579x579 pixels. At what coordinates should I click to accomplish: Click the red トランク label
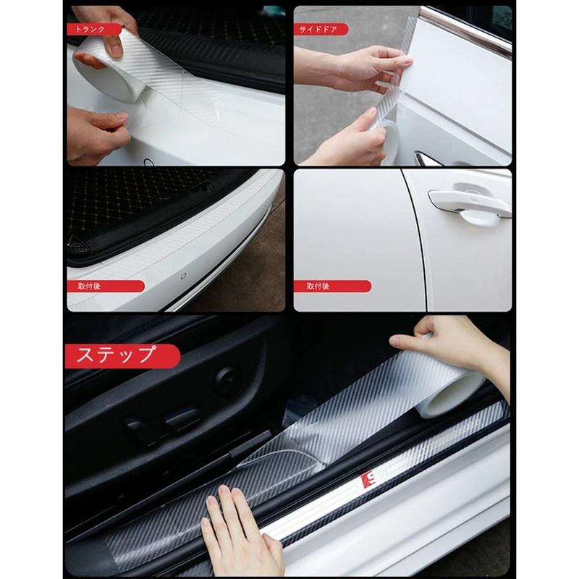(94, 29)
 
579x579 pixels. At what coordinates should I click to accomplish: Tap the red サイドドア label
(321, 29)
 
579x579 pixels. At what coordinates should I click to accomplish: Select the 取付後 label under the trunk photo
(106, 286)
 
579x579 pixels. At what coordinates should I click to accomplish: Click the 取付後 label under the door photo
(332, 286)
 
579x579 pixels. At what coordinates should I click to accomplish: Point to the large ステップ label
(122, 356)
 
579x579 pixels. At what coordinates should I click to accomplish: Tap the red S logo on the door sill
(370, 480)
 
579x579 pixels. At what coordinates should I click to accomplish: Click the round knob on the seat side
(229, 381)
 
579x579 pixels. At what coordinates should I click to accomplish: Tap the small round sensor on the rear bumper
(183, 276)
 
